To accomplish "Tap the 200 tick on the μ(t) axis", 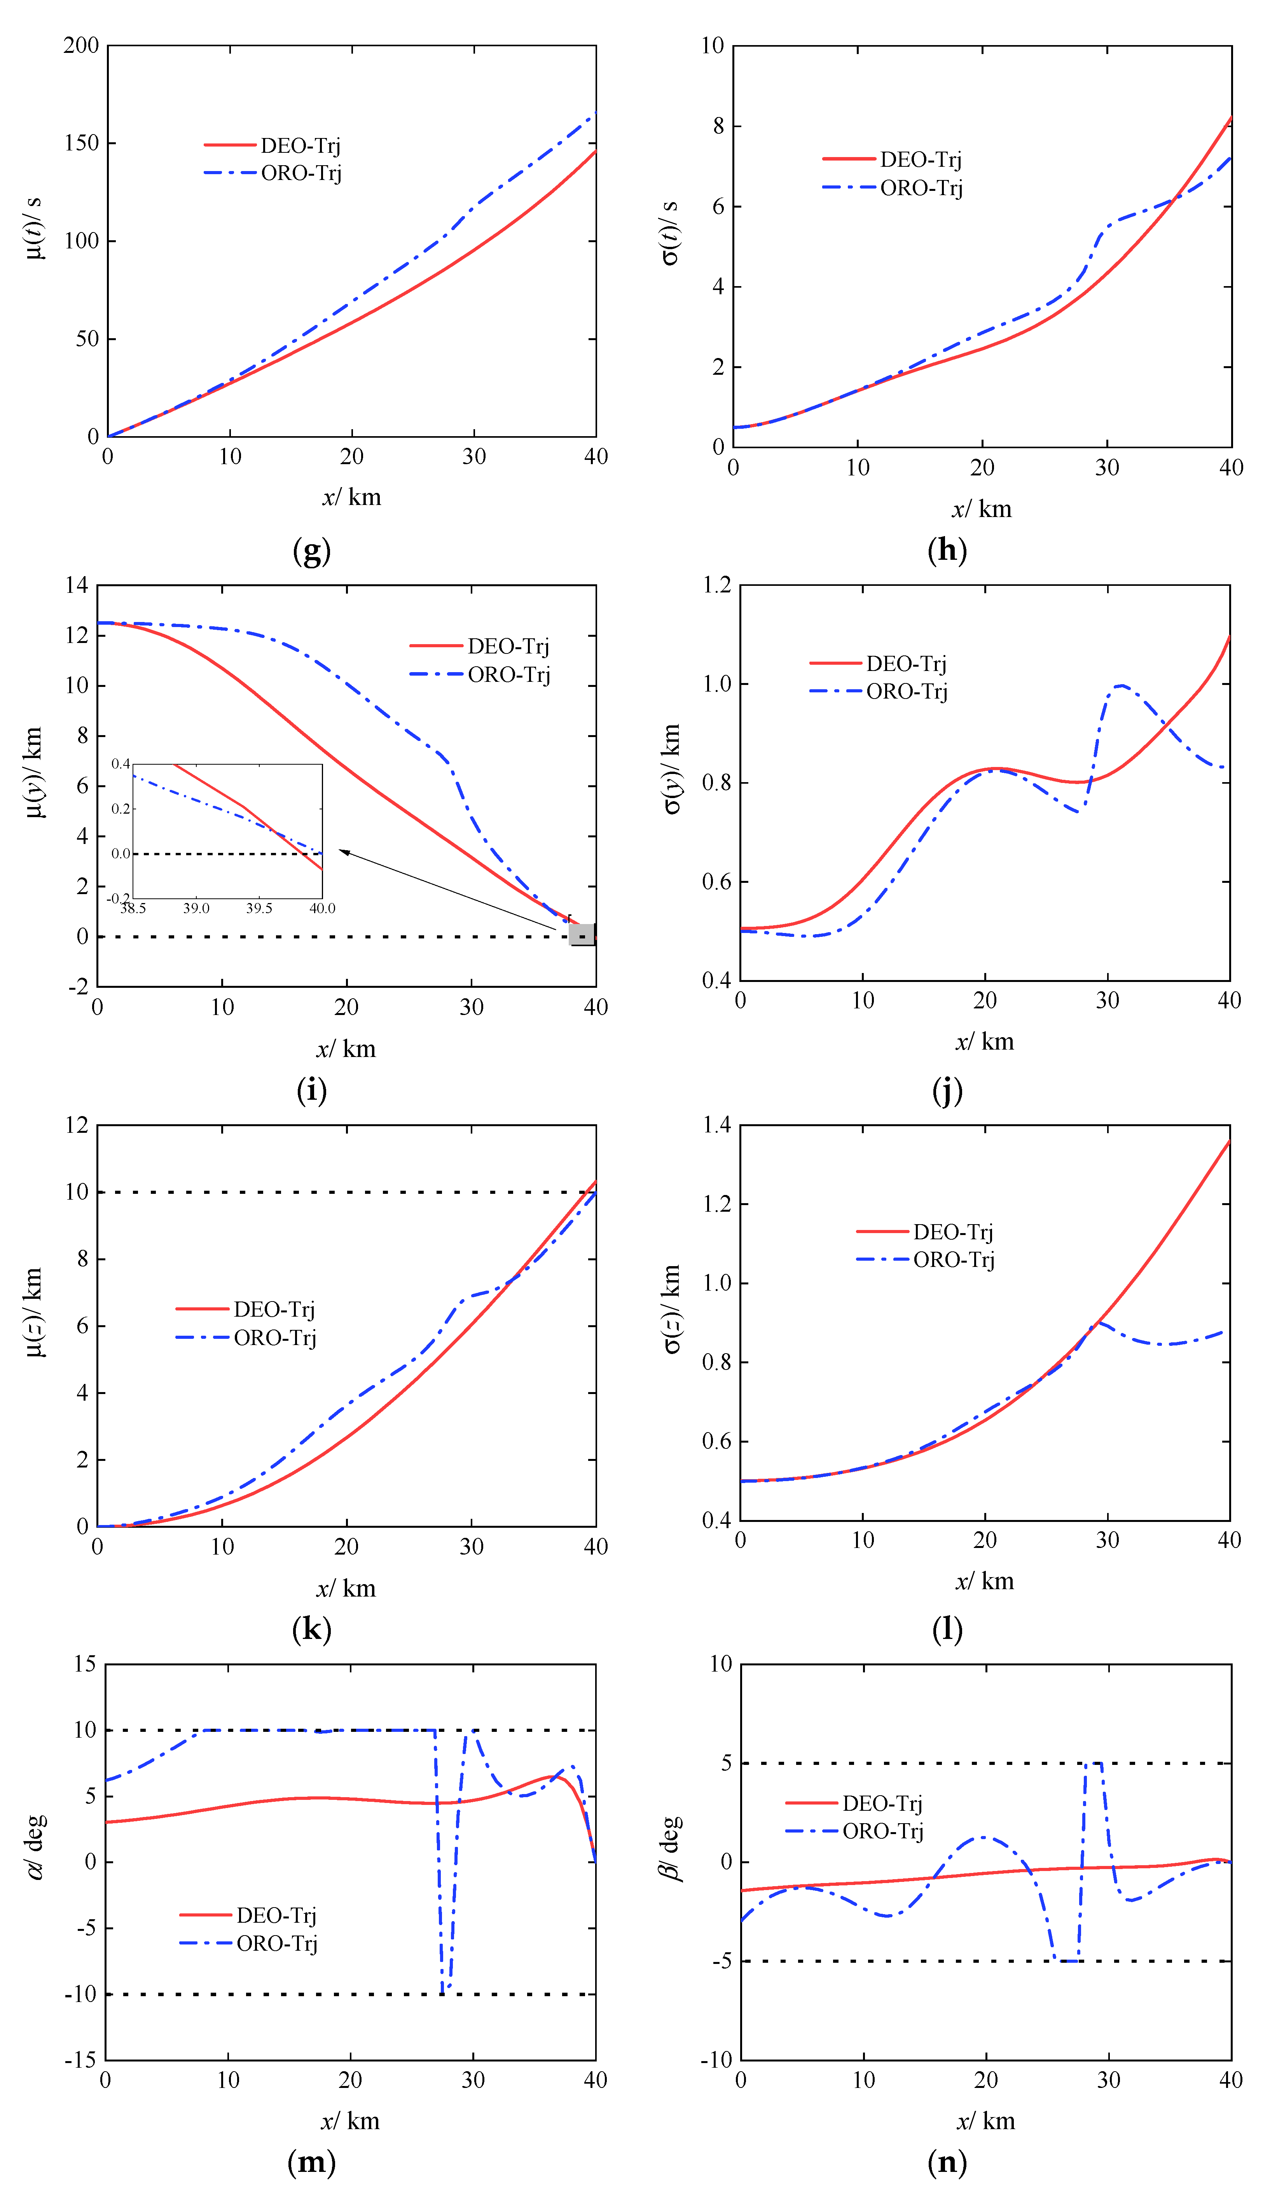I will click(81, 45).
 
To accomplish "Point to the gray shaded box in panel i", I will click(582, 934).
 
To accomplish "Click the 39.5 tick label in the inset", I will click(259, 908).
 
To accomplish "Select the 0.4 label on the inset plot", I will click(120, 764).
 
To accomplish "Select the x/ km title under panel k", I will click(346, 1588).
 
